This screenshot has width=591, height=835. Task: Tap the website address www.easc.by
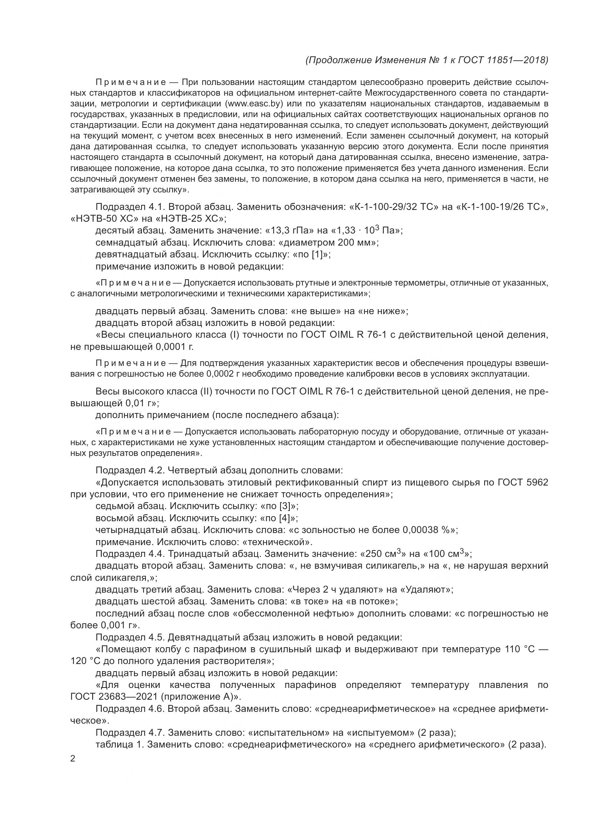(254, 104)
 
